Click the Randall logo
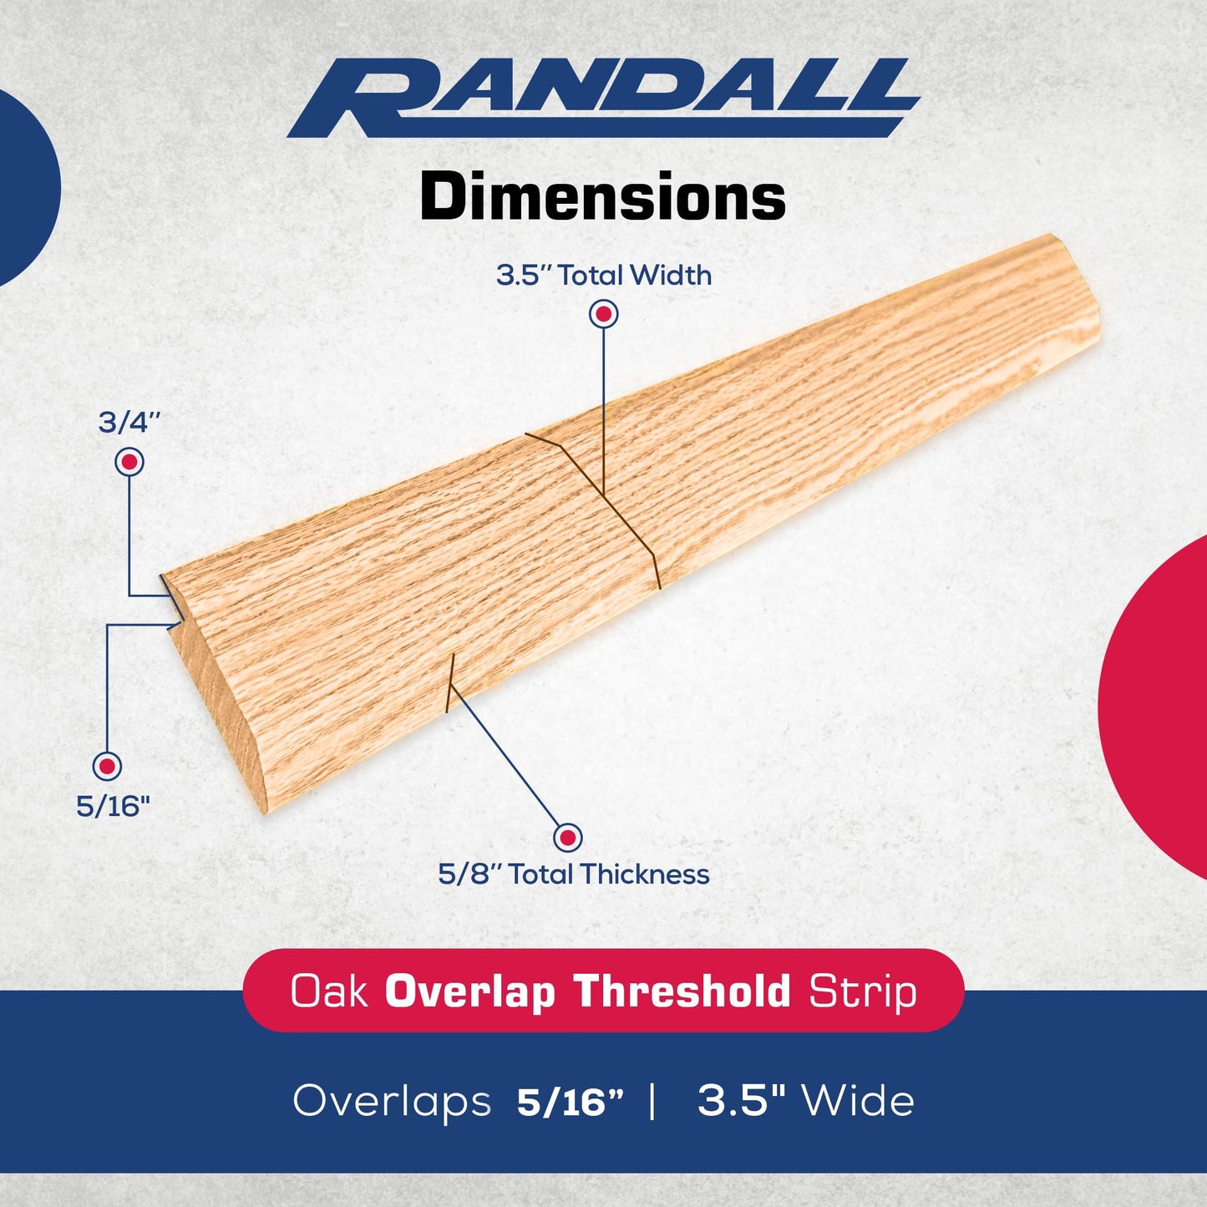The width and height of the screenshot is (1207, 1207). tap(603, 98)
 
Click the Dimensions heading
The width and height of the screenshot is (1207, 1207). tap(603, 197)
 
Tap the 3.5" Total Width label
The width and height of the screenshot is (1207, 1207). tap(603, 275)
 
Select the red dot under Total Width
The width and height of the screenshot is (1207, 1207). tap(603, 314)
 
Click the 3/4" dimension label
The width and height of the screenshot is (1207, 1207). tap(129, 422)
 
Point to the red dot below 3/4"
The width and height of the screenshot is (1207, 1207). tap(129, 461)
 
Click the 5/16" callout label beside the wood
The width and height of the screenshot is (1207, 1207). tap(113, 806)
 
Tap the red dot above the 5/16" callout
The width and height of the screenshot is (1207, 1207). tap(107, 765)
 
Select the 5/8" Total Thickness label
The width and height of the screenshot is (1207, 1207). tap(574, 875)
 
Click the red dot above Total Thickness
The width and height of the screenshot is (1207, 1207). tap(568, 837)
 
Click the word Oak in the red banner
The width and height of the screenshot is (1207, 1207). tap(328, 991)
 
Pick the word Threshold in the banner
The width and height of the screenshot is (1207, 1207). tap(682, 991)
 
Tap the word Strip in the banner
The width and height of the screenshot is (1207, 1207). tap(862, 991)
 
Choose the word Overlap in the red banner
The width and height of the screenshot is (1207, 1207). tap(470, 991)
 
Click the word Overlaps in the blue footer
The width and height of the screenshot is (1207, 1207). tap(392, 1101)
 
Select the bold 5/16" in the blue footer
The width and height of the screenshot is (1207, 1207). tap(571, 1102)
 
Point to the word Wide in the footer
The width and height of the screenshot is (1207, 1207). tap(858, 1101)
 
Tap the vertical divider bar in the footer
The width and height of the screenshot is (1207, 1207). tap(652, 1101)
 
